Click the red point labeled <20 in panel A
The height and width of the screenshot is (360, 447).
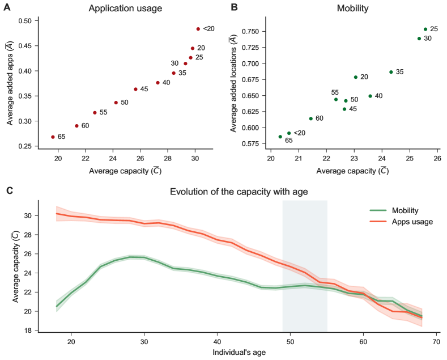(x=198, y=29)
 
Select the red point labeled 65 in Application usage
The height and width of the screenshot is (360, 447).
(x=53, y=137)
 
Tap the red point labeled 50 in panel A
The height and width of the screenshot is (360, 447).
(x=116, y=103)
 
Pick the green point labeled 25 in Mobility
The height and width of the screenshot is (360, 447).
(x=425, y=29)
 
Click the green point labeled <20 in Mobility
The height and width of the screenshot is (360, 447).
(x=289, y=133)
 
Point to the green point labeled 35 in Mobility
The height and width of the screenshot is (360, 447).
(x=391, y=72)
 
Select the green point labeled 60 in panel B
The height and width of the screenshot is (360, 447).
(x=310, y=118)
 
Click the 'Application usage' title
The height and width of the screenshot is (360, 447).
(x=125, y=9)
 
